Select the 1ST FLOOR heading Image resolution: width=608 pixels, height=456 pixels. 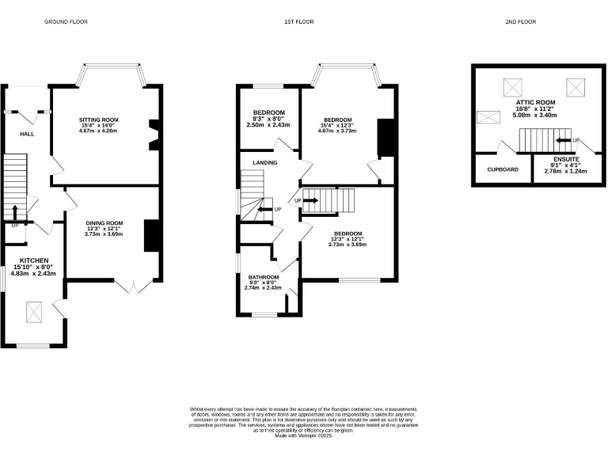[x=298, y=22]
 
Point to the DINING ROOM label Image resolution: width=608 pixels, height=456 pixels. [x=104, y=222]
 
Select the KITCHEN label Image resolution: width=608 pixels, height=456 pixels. [x=35, y=260]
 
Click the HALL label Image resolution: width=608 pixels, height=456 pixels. [x=16, y=135]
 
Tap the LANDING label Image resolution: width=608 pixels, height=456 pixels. [x=264, y=162]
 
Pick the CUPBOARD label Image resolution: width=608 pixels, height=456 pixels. [x=502, y=169]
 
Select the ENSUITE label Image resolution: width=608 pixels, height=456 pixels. [x=566, y=159]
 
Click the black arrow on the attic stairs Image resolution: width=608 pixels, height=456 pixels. [x=563, y=140]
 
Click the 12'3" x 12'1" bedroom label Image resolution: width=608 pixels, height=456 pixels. [x=348, y=239]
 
